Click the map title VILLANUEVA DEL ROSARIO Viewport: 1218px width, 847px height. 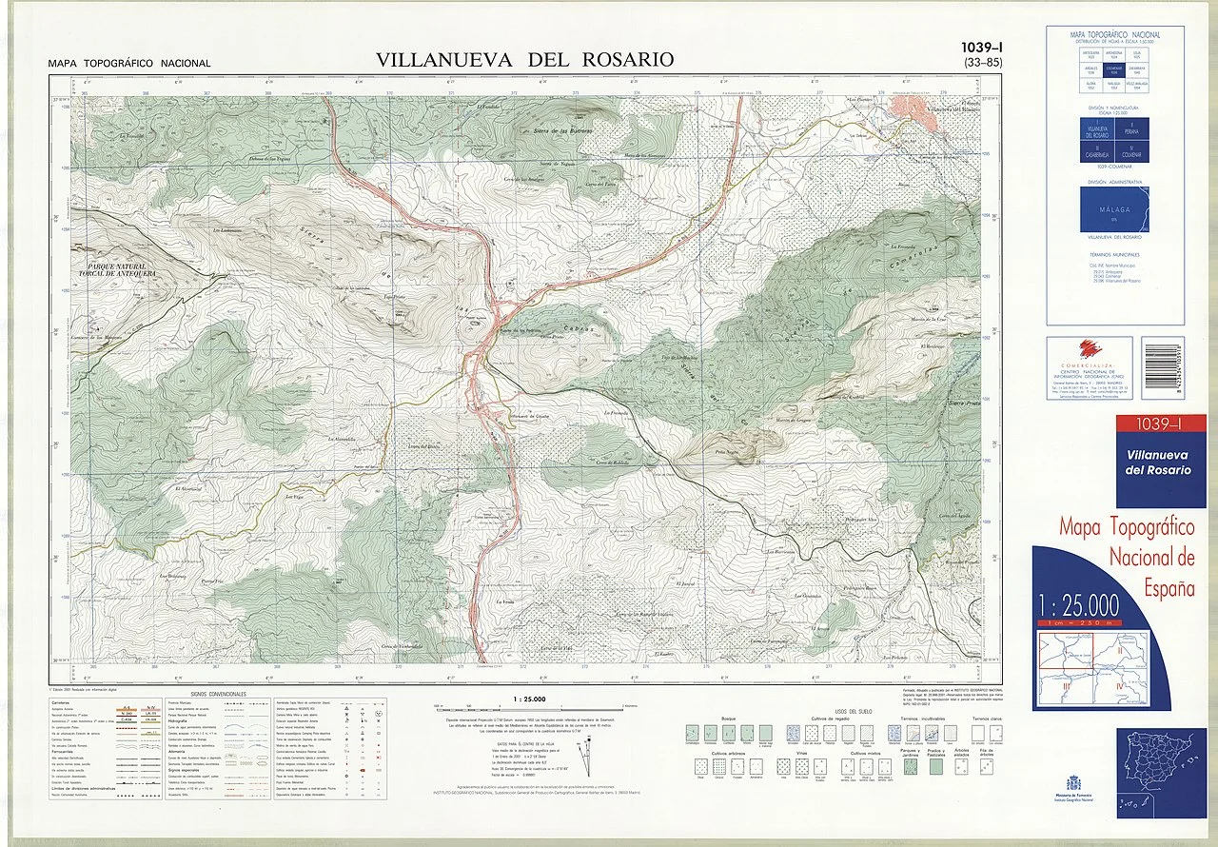click(524, 59)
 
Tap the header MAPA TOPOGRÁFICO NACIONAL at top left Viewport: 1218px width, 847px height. click(129, 64)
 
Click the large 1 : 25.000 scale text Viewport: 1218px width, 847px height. click(1079, 606)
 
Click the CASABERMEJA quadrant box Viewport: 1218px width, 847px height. click(1097, 152)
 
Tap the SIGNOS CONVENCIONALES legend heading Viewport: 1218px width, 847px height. click(218, 695)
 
